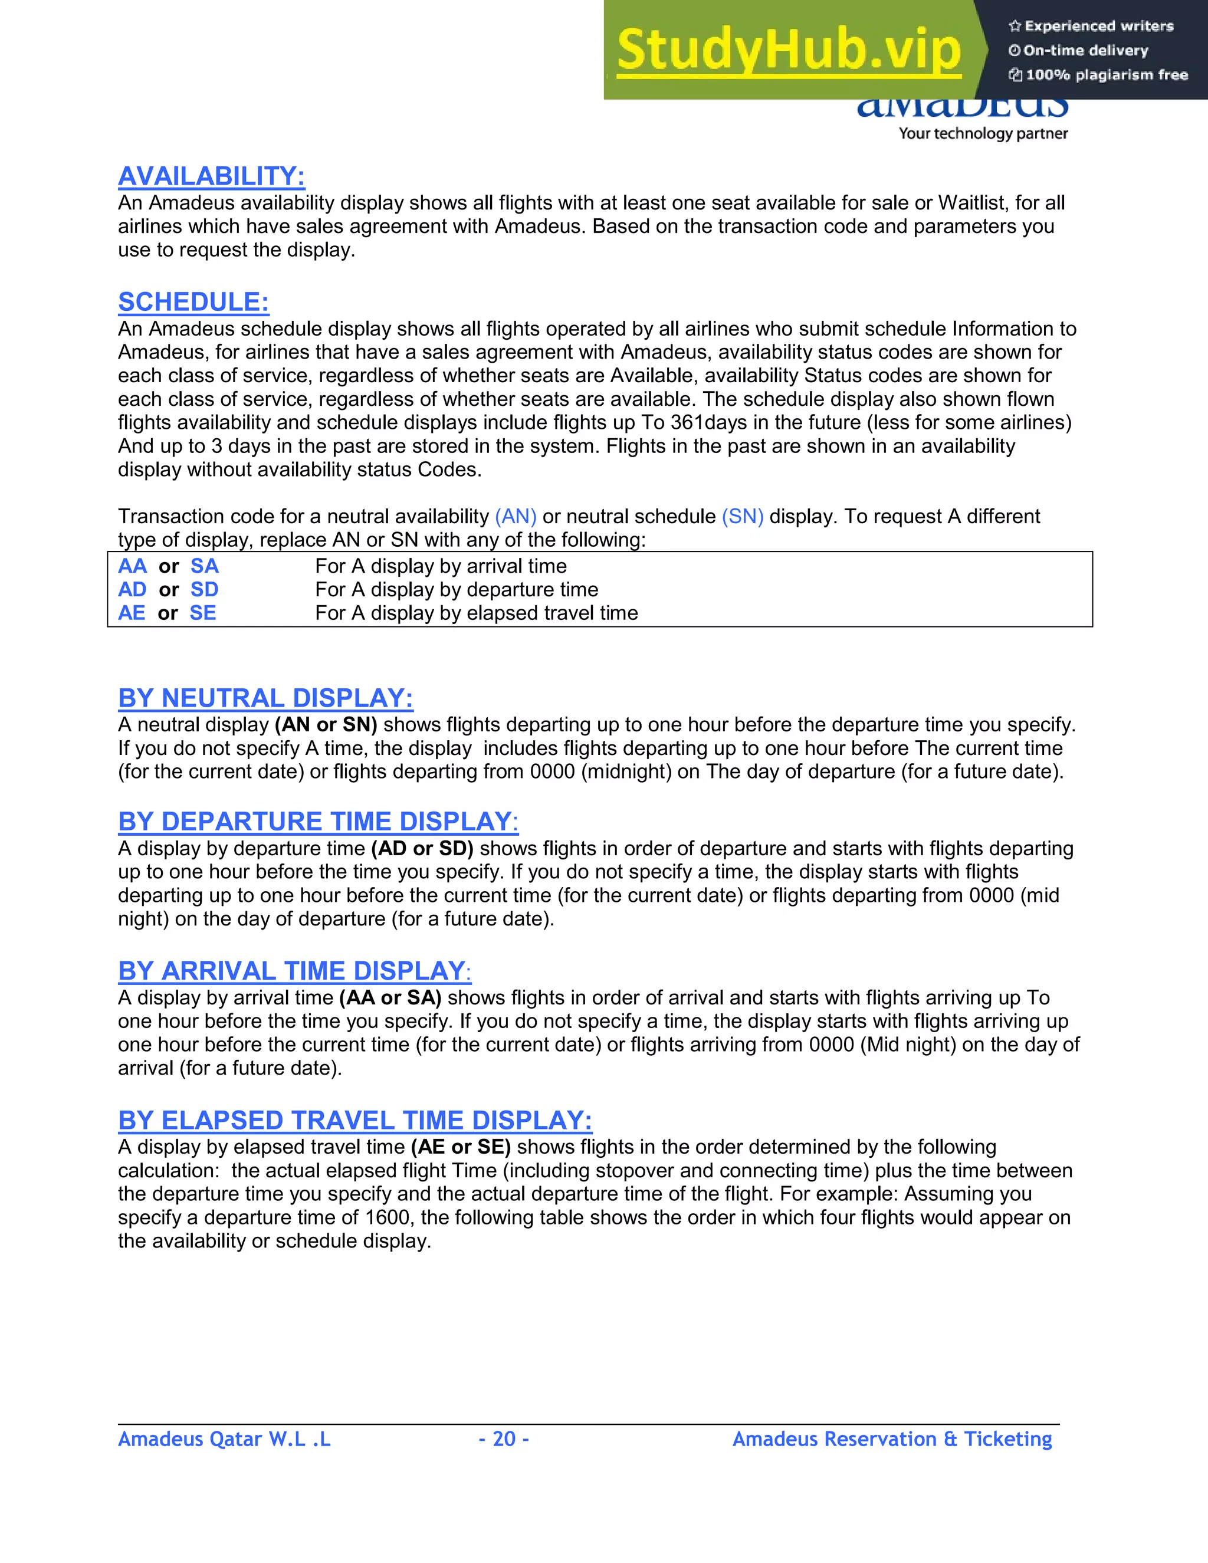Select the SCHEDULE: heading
[x=193, y=302]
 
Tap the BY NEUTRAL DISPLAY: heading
[x=265, y=698]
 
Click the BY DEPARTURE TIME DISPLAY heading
[x=318, y=822]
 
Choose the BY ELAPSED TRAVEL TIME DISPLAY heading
[x=355, y=1120]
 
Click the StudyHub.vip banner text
[x=788, y=50]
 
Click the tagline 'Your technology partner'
[x=983, y=134]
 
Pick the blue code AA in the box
[x=132, y=566]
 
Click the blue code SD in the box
[x=204, y=590]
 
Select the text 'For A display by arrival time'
[x=440, y=566]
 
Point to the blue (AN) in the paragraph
[x=516, y=516]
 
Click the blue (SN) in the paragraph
[x=742, y=516]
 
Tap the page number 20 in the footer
[x=504, y=1439]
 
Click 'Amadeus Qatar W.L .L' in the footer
[x=224, y=1439]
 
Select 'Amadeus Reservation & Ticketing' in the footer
[x=892, y=1439]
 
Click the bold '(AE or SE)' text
[x=460, y=1147]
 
